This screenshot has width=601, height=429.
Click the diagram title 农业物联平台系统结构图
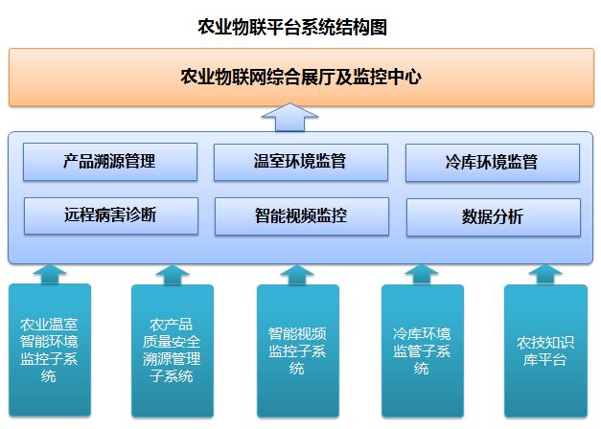coord(292,27)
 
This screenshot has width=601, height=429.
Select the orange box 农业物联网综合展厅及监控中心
coord(301,77)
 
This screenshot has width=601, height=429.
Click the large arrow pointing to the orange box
coord(289,117)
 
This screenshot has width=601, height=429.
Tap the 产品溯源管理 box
coord(110,162)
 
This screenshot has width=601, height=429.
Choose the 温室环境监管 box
coord(301,162)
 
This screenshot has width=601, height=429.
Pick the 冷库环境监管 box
coord(493,163)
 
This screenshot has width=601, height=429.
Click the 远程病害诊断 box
coord(111,215)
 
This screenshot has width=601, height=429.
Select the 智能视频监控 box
coord(302,216)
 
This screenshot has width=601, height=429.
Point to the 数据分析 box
coord(494,217)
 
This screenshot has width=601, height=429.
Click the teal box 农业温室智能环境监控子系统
coord(50,350)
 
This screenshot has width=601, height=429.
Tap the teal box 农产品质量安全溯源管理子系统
coord(173,350)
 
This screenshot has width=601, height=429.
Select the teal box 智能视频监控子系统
coord(298,350)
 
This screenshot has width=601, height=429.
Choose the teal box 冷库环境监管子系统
coord(423,350)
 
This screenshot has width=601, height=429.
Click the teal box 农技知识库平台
coord(545,350)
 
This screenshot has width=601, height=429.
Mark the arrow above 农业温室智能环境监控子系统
coord(50,274)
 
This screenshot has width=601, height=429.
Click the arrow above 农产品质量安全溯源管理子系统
coord(173,275)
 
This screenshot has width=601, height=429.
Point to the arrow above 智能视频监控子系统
coord(297,275)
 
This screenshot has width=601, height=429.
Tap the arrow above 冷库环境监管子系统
coord(422,275)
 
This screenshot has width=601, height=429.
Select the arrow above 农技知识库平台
coord(545,275)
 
